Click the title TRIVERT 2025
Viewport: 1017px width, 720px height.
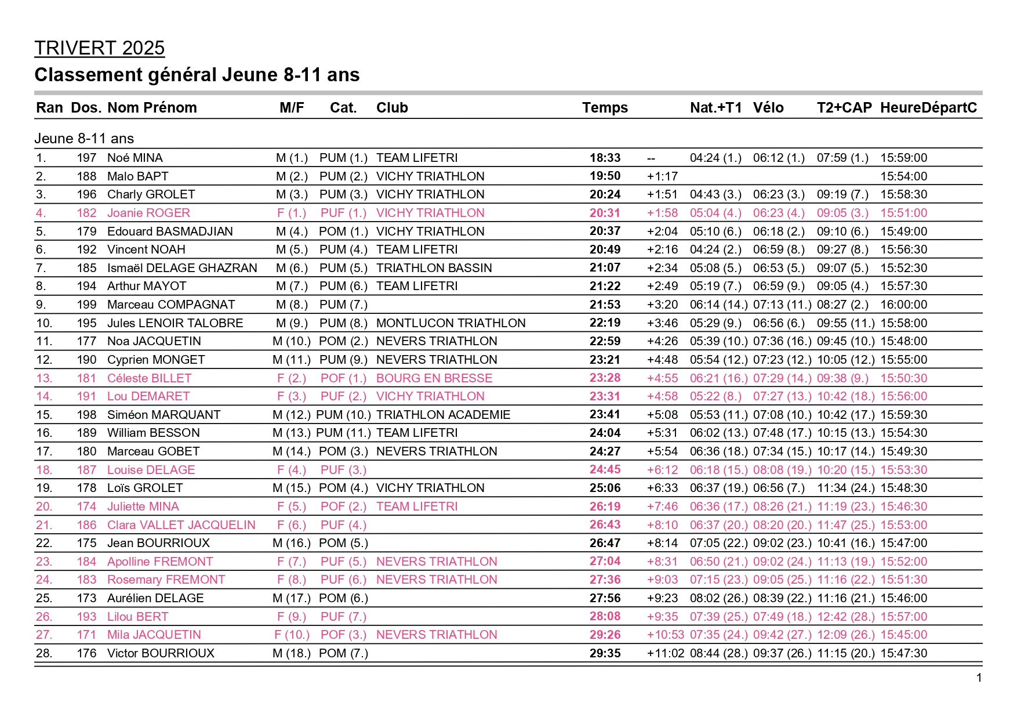click(x=99, y=48)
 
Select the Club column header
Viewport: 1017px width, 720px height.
click(x=392, y=108)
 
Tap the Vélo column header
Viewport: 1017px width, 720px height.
click(x=768, y=108)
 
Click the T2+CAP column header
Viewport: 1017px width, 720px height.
click(x=844, y=108)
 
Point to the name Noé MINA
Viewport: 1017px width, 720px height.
click(x=135, y=158)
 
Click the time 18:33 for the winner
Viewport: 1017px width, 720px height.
click(x=605, y=158)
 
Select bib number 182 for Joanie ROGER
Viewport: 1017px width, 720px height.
click(x=86, y=213)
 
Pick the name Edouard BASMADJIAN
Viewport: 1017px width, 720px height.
click(x=170, y=231)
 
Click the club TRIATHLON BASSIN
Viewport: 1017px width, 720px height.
click(x=434, y=268)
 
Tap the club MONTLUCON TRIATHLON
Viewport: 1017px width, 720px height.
click(x=451, y=323)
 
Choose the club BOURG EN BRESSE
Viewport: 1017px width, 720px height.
click(x=434, y=378)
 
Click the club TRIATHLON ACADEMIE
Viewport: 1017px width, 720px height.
click(x=443, y=415)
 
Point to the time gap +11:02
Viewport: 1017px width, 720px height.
click(x=666, y=653)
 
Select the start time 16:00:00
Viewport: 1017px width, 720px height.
click(x=903, y=305)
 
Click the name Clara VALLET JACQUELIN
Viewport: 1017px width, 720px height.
click(x=181, y=525)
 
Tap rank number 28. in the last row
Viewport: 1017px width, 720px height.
click(x=44, y=653)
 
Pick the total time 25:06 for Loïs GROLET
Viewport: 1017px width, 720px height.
click(x=605, y=488)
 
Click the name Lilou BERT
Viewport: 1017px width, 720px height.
click(x=137, y=617)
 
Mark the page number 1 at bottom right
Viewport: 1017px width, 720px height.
click(x=979, y=678)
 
